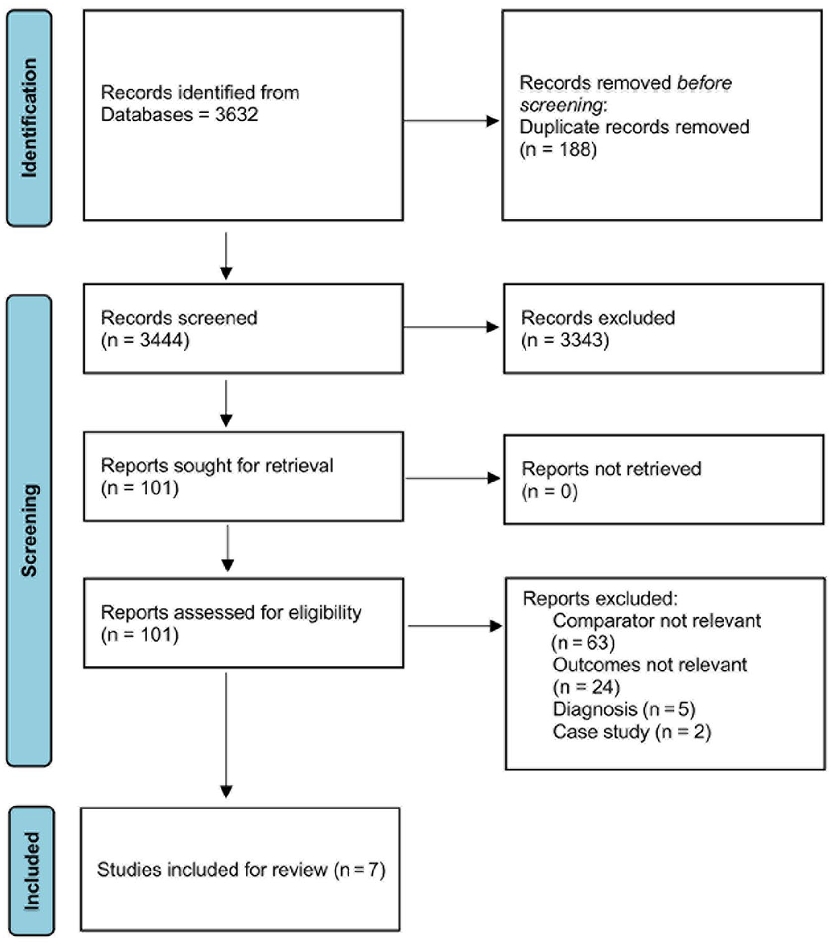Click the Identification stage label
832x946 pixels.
tap(29, 118)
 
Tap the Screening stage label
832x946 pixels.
tap(29, 531)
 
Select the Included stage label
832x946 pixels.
tap(31, 871)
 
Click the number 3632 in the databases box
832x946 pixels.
tap(236, 114)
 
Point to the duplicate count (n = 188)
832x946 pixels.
tap(558, 150)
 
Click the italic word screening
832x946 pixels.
tap(562, 106)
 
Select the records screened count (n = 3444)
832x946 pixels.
tap(145, 340)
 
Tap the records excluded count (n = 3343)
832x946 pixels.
tap(565, 340)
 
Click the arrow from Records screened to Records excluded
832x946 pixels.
tap(451, 327)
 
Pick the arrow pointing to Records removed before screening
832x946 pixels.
tap(451, 121)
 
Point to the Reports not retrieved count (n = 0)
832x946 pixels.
tap(549, 492)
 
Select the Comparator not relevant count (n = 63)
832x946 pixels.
tap(583, 643)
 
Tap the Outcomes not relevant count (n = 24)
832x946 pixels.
tap(586, 687)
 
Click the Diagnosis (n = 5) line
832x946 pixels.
tap(624, 709)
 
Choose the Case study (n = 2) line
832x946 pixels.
tap(632, 732)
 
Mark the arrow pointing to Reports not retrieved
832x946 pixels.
tap(452, 478)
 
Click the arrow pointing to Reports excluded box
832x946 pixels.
tap(455, 626)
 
